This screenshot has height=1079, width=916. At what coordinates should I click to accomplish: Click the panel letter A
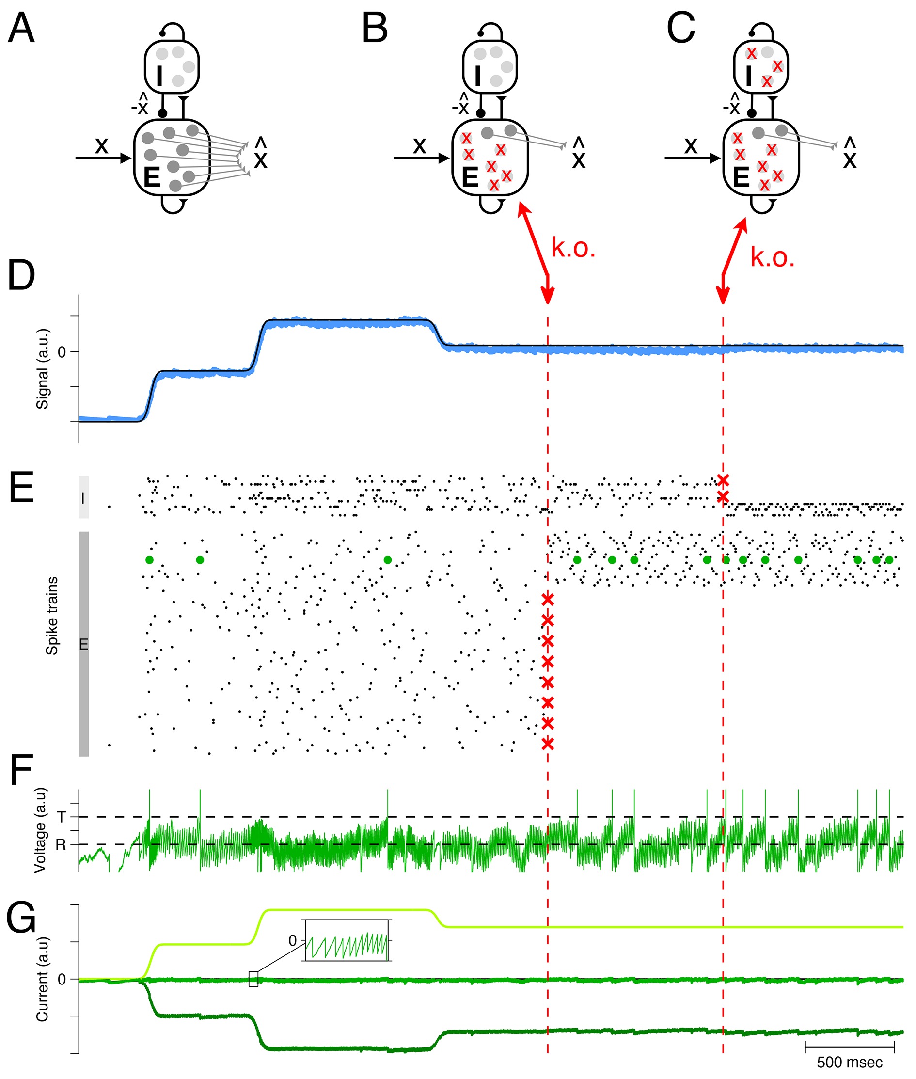[21, 28]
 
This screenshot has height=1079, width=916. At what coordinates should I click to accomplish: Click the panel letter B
[375, 28]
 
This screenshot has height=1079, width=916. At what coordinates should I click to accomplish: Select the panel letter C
[681, 28]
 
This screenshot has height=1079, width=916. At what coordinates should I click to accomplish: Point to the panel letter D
[21, 276]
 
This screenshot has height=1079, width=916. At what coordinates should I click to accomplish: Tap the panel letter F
[21, 771]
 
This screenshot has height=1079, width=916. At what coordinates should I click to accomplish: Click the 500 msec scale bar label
[850, 1063]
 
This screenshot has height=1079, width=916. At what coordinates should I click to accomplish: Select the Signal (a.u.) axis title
[42, 369]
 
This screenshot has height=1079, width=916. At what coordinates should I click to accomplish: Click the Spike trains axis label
[52, 616]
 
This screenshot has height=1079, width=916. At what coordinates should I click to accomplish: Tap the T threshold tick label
[61, 817]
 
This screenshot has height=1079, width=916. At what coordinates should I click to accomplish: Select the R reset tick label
[61, 845]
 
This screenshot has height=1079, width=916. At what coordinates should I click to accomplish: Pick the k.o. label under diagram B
[573, 248]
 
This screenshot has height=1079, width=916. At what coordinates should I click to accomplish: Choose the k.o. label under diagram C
[772, 257]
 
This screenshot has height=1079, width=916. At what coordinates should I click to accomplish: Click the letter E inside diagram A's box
[152, 177]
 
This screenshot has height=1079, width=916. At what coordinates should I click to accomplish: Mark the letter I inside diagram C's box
[748, 76]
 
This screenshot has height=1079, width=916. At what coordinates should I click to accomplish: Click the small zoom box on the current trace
[253, 979]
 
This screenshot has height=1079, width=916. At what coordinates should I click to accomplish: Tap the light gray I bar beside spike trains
[83, 497]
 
